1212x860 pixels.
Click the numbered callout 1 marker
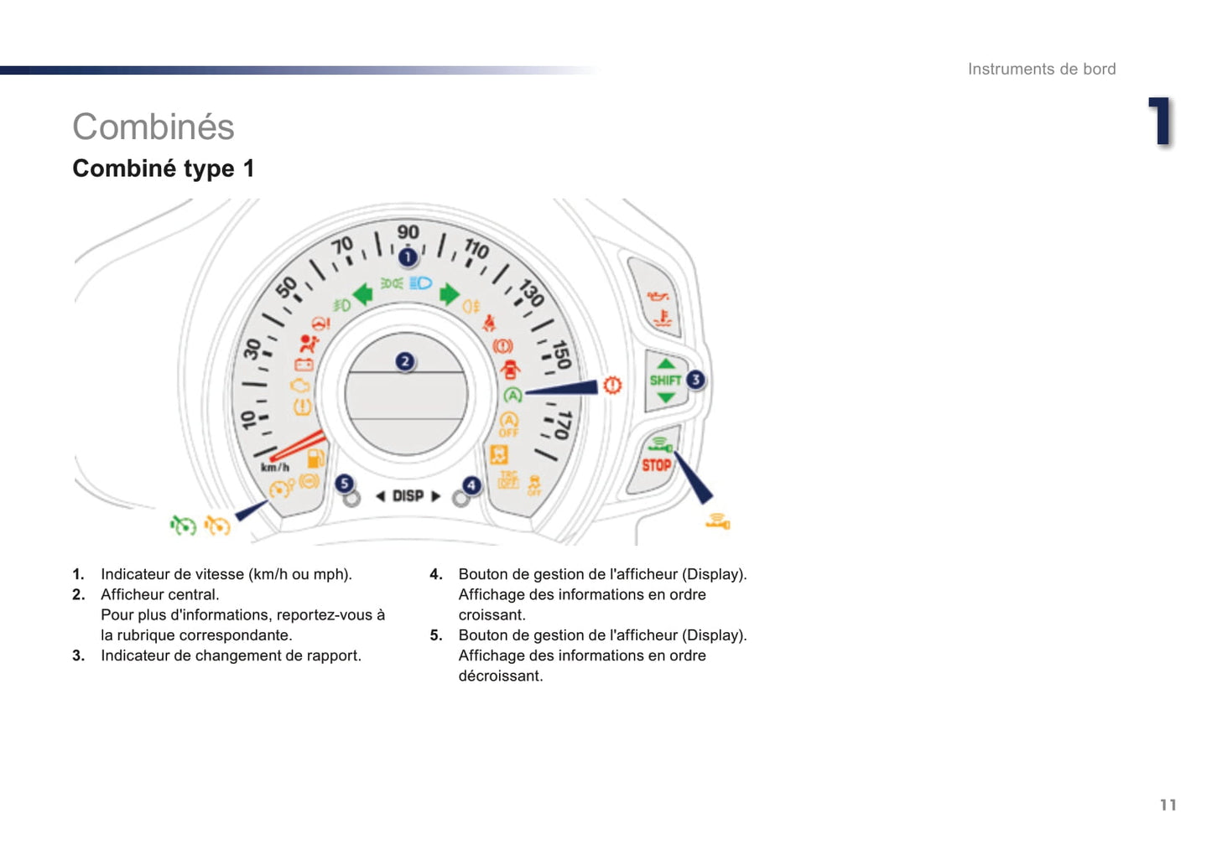click(408, 257)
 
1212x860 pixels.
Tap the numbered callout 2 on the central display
click(405, 361)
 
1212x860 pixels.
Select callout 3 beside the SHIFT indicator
click(696, 380)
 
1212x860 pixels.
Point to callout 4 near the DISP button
click(471, 485)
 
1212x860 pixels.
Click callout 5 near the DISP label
click(344, 483)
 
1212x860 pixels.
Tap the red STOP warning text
click(656, 465)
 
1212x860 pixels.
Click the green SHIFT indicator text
click(665, 381)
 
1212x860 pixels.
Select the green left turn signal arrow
click(362, 295)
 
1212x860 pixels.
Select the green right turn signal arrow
click(449, 294)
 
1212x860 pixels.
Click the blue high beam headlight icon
click(420, 282)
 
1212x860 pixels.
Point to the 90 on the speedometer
click(408, 232)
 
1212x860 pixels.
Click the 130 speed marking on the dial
click(531, 293)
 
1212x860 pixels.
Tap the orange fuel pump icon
click(315, 458)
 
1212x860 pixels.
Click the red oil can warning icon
click(658, 296)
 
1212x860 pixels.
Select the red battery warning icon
click(304, 365)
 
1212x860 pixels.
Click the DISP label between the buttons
click(408, 496)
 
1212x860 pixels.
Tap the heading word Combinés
click(153, 127)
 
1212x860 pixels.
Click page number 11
click(1168, 806)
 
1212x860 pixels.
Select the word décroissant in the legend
click(501, 676)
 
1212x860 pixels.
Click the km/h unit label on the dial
click(275, 468)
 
